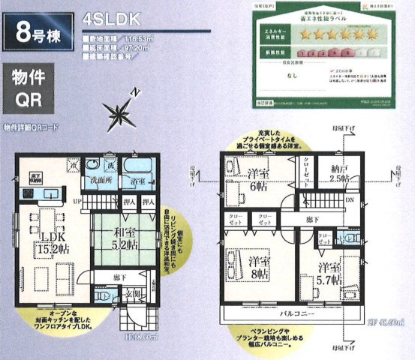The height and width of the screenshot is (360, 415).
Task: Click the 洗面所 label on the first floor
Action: click(x=97, y=181)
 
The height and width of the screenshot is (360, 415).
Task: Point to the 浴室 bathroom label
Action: click(x=137, y=181)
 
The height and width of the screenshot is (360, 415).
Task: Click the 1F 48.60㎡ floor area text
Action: click(x=142, y=338)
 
